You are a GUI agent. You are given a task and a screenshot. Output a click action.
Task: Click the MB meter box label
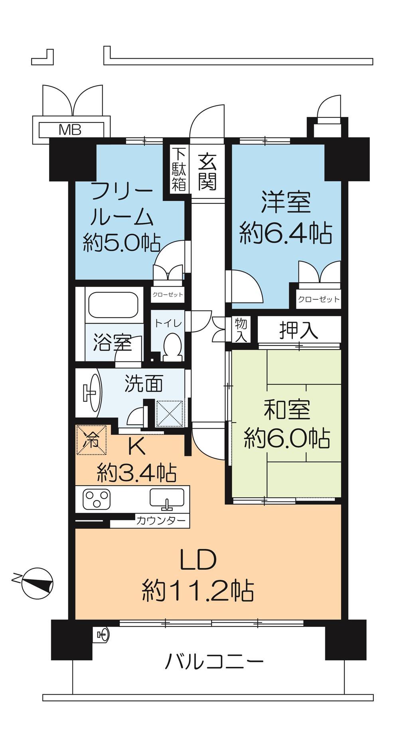coord(70,129)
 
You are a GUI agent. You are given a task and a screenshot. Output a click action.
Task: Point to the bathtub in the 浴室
coord(113,305)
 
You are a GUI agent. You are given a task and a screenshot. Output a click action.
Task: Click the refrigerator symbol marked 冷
coord(91,439)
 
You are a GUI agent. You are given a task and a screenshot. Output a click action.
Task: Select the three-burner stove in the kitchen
coord(96,499)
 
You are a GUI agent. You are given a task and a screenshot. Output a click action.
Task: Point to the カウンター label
coord(161,520)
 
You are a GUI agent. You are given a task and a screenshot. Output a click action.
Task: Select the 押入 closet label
coord(299,330)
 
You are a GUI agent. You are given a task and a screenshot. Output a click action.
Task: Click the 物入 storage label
coord(241,330)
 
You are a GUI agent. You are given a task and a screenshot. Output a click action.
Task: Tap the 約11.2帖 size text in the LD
coord(198,590)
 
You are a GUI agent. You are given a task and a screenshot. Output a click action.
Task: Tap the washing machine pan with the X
coord(170,414)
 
